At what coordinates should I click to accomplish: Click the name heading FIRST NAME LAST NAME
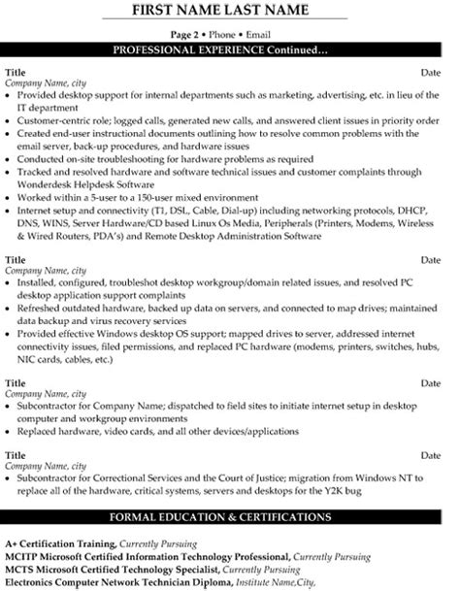pos(229,11)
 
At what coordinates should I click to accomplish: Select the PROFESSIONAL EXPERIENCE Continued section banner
pos(229,49)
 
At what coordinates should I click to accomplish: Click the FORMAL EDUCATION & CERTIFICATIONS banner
pos(229,515)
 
